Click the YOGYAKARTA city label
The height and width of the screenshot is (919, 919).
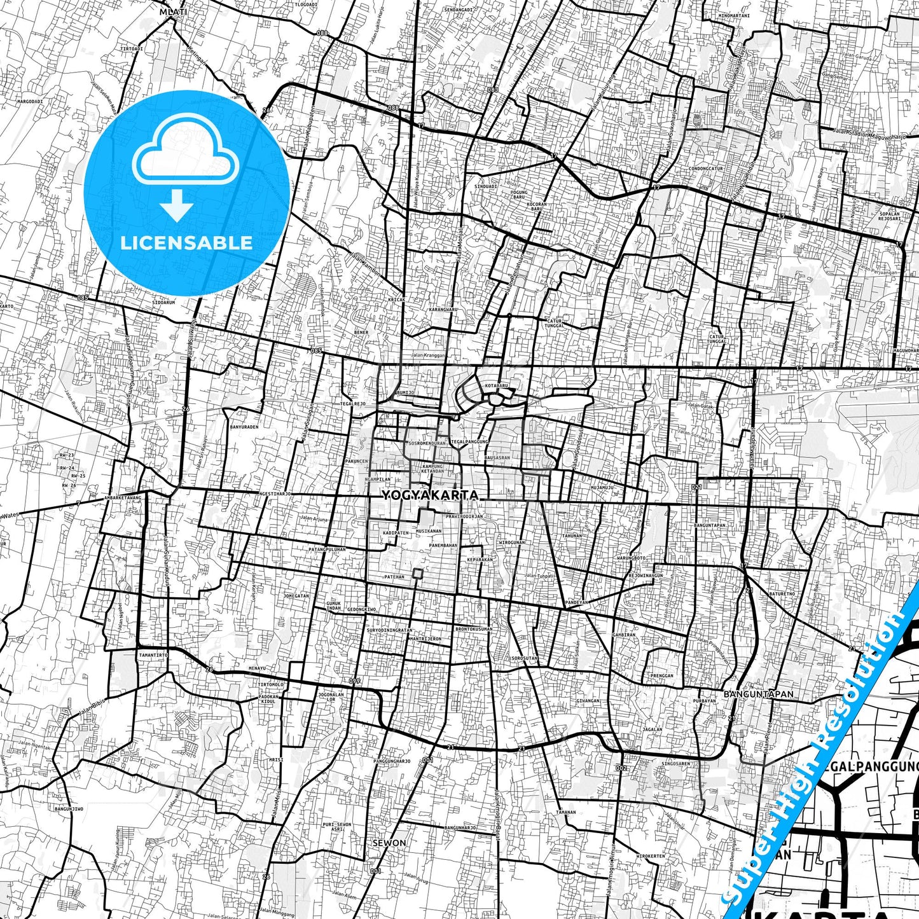point(430,495)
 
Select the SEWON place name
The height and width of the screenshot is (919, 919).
point(389,843)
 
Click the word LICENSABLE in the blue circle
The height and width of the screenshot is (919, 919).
point(186,242)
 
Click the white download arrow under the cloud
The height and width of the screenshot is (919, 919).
point(176,205)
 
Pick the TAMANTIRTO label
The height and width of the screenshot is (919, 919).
point(153,654)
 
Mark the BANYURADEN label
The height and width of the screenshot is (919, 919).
point(244,427)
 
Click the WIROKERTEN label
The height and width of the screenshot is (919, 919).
point(651,856)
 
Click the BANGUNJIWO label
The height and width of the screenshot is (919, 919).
point(69,809)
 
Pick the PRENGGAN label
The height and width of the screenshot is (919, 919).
point(661,676)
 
